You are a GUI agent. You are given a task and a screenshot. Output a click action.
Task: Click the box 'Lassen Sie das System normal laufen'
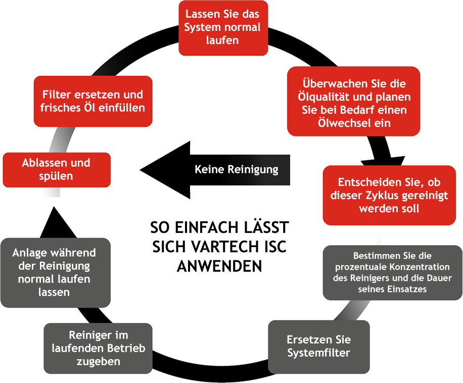point(223,28)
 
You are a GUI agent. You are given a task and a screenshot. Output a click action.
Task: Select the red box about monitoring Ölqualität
point(353,101)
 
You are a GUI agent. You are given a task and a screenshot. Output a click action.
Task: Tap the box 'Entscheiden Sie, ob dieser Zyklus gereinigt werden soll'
point(389,195)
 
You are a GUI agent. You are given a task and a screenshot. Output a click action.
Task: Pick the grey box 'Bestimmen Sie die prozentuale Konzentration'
point(392,273)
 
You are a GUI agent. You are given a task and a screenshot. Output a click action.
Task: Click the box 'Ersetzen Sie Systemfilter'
point(318,346)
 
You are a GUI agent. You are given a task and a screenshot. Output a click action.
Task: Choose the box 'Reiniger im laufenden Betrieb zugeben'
point(98,348)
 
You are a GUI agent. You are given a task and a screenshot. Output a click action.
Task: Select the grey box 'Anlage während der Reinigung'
point(54,272)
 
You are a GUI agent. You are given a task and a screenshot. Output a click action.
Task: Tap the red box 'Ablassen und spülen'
point(56,170)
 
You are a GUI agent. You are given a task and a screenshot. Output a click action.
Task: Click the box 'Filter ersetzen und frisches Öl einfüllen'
point(93,101)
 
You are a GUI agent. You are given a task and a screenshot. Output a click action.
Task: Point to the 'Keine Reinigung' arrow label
point(237,169)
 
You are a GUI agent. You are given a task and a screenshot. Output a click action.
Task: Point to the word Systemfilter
point(318,353)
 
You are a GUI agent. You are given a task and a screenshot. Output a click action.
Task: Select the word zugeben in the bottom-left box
point(98,361)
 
